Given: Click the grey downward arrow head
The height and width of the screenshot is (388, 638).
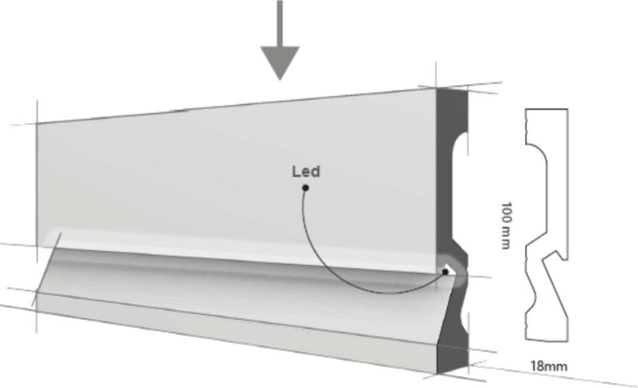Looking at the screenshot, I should pyautogui.click(x=279, y=62).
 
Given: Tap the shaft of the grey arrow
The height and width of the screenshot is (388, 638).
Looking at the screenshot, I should pyautogui.click(x=279, y=22).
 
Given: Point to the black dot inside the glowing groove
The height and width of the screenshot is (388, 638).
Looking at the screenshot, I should pyautogui.click(x=445, y=272).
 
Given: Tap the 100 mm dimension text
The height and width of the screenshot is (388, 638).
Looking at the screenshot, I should pyautogui.click(x=508, y=227).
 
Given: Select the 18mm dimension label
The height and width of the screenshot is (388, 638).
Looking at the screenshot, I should pyautogui.click(x=549, y=366).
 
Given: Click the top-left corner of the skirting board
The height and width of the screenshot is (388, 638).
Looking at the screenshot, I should pyautogui.click(x=37, y=123).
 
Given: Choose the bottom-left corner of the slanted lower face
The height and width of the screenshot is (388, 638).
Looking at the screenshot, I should pyautogui.click(x=36, y=303).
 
